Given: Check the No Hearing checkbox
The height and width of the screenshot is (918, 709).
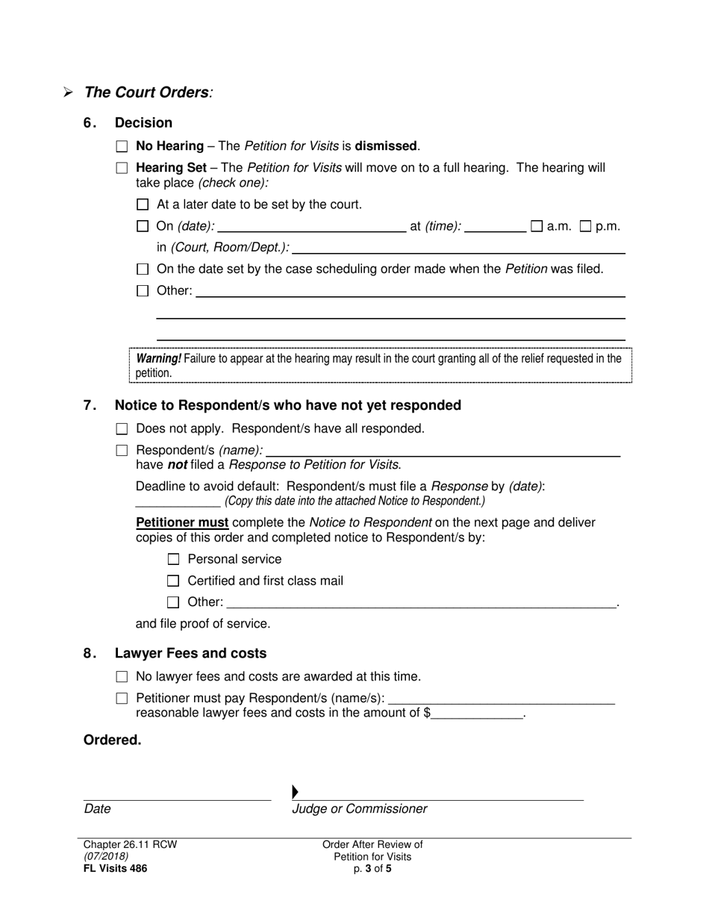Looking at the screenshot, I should (x=122, y=147).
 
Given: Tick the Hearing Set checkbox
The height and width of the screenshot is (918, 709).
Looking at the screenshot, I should (x=122, y=169).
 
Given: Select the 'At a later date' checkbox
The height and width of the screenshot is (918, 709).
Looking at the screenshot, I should (x=143, y=205).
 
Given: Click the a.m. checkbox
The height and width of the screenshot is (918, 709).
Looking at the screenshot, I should (x=537, y=226).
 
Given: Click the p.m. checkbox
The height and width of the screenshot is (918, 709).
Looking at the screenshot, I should (x=586, y=226).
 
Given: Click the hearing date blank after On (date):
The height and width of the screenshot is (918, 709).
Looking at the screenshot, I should (x=312, y=227).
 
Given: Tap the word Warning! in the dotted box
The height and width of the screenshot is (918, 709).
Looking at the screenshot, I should (x=158, y=359).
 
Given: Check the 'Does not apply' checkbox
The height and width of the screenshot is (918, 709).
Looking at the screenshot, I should (x=122, y=429).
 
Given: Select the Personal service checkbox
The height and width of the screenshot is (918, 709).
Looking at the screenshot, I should (x=174, y=560).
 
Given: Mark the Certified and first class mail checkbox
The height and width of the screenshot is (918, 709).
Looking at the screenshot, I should (x=174, y=581).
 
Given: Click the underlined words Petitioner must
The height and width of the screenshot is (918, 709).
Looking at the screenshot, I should (x=182, y=522).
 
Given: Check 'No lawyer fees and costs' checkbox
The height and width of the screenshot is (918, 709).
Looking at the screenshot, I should (x=122, y=677).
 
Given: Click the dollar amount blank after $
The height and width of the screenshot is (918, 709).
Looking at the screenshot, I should (x=478, y=714).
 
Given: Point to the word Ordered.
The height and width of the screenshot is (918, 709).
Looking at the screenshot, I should (x=112, y=740).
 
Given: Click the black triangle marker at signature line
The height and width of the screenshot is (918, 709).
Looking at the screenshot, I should (x=296, y=792).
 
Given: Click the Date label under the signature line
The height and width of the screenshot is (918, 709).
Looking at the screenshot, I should (x=98, y=809).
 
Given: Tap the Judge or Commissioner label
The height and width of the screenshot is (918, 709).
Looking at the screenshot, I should (x=360, y=809).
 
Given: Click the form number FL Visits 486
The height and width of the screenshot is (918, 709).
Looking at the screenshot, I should (x=115, y=868).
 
